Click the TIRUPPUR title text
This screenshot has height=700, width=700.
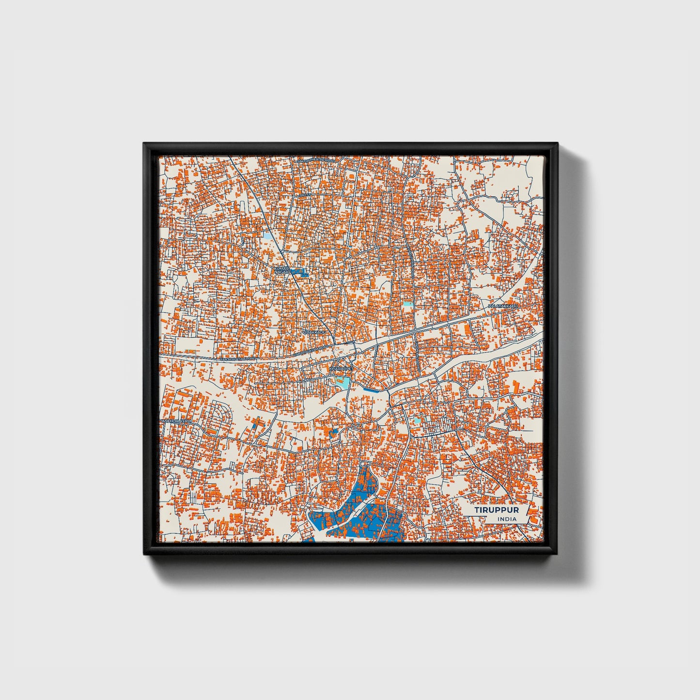point(497,510)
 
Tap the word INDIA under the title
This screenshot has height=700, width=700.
point(507,519)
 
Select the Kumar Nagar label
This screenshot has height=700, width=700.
point(281,270)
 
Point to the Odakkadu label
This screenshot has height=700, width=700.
point(314,332)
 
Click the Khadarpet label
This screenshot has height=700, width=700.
point(342,369)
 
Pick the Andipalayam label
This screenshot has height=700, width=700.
point(177,422)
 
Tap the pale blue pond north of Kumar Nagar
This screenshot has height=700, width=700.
point(268,237)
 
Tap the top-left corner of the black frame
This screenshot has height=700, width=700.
point(144,144)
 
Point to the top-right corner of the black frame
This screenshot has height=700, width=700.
point(557,144)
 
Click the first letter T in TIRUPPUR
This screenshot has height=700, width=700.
point(477,510)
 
